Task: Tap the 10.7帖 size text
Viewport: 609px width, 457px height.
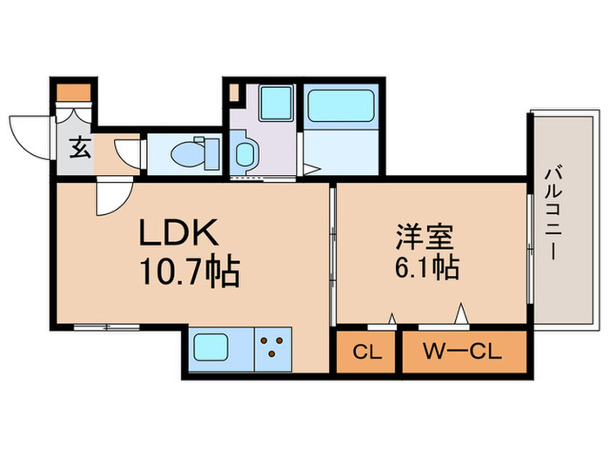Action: (x=186, y=274)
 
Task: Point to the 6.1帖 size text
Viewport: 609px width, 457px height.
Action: (x=425, y=268)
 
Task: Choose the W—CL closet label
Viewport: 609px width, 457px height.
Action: (x=464, y=353)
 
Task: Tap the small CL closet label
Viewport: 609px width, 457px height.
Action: (x=365, y=353)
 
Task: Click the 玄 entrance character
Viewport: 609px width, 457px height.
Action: (x=78, y=149)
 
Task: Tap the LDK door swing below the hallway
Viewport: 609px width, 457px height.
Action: (x=113, y=196)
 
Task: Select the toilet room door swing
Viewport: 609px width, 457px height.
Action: (x=130, y=152)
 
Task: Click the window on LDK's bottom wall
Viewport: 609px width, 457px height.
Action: (x=106, y=327)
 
